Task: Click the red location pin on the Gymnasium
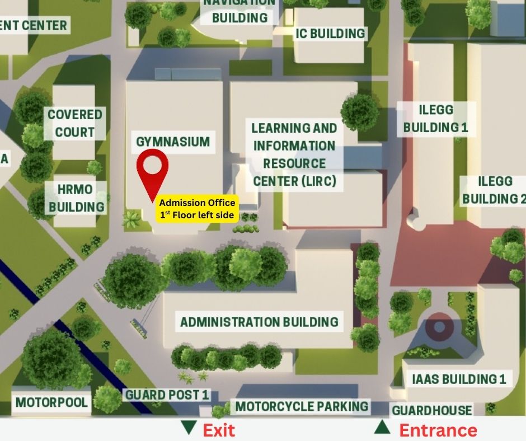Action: [153, 166]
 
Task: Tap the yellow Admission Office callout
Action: [197, 209]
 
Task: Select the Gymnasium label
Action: [173, 142]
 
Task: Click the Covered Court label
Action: [75, 123]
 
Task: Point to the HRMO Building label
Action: [77, 198]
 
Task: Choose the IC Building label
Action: [330, 34]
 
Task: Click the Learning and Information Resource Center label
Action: [294, 154]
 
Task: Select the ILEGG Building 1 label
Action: [435, 118]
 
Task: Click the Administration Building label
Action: [259, 322]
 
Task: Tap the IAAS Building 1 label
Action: [459, 379]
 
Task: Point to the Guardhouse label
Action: [431, 410]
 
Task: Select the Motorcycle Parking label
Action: [302, 406]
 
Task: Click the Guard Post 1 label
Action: [167, 395]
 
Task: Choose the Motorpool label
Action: [51, 402]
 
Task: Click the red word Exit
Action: [218, 430]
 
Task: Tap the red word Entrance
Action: [438, 430]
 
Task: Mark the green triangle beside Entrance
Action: [382, 428]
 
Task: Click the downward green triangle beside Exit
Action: [189, 428]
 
